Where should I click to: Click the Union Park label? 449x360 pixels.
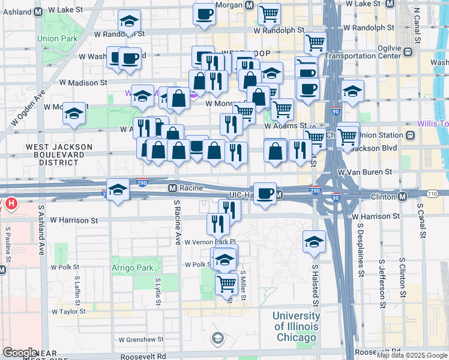pyautogui.click(x=56, y=38)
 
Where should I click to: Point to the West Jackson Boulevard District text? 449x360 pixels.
pyautogui.click(x=59, y=154)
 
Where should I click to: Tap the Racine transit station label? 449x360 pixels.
pyautogui.click(x=190, y=188)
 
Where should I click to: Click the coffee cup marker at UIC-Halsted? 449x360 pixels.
pyautogui.click(x=265, y=194)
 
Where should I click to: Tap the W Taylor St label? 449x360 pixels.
pyautogui.click(x=68, y=312)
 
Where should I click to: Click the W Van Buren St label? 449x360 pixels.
pyautogui.click(x=364, y=172)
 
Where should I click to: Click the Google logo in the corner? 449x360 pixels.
pyautogui.click(x=20, y=353)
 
